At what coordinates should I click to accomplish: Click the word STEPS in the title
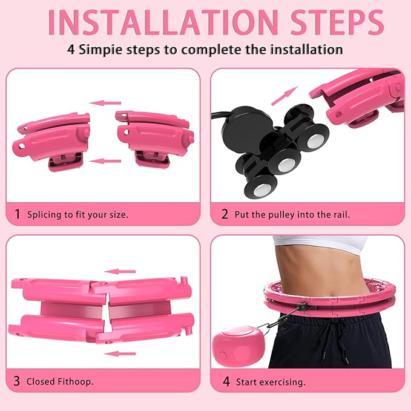tap(337, 22)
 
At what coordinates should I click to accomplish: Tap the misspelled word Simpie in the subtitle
tap(100, 50)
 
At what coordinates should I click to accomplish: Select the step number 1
tap(18, 214)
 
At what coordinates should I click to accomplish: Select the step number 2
tap(225, 214)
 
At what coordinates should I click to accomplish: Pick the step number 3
tap(16, 381)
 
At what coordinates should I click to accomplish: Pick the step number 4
tap(226, 381)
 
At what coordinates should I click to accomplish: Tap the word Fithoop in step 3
tap(74, 381)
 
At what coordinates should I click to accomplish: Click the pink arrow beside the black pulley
tap(284, 96)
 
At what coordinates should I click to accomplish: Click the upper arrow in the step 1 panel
tap(105, 103)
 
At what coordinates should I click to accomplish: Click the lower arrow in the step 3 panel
tap(119, 354)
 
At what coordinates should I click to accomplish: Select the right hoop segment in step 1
tap(154, 139)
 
